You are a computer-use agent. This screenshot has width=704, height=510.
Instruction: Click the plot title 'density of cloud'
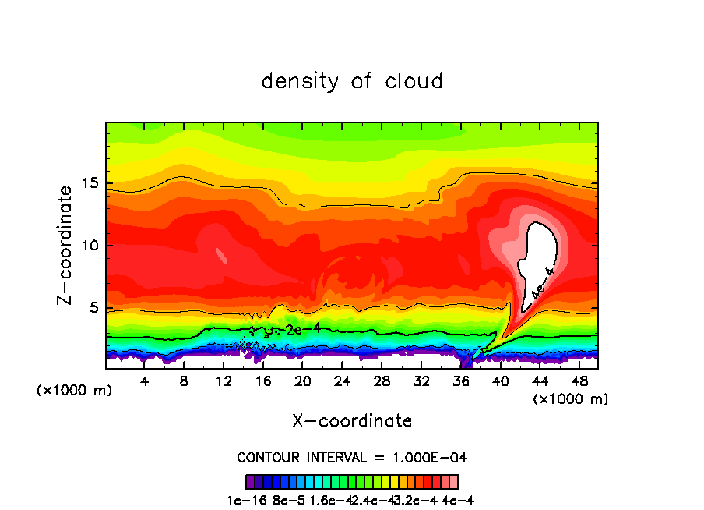(352, 81)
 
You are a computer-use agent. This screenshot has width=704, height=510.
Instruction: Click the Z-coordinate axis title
(66, 245)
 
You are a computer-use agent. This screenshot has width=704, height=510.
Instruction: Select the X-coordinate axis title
(352, 421)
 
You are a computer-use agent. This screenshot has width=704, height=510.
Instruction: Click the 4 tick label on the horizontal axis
(145, 381)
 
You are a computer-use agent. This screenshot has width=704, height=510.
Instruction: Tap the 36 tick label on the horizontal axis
(460, 381)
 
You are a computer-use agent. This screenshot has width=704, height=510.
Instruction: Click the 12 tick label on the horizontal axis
(224, 381)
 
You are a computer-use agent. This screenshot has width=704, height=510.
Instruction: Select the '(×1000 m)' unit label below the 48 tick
(571, 399)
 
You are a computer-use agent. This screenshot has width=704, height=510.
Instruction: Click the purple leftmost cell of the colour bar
(249, 481)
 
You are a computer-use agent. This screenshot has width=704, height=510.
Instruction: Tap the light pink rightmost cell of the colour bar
(454, 481)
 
